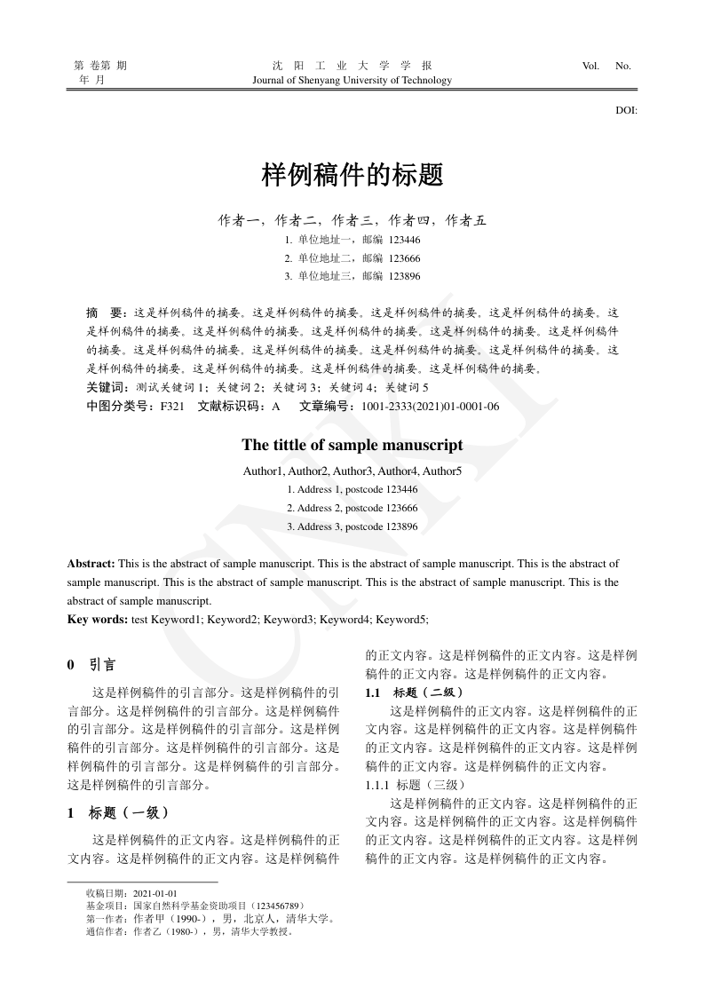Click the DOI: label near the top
pos(626,111)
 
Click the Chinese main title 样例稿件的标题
pos(352,175)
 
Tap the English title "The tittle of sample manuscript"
pos(352,445)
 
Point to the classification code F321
pos(171,407)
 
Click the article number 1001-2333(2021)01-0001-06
pos(430,407)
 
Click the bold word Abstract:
pos(91,564)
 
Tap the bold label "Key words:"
pos(98,619)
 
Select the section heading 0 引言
pos(91,665)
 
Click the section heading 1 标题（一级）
pos(118,812)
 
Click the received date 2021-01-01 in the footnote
pos(155,893)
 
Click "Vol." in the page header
pos(590,66)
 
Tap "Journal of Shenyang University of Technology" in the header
pos(352,80)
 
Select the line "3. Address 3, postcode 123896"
pos(352,526)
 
